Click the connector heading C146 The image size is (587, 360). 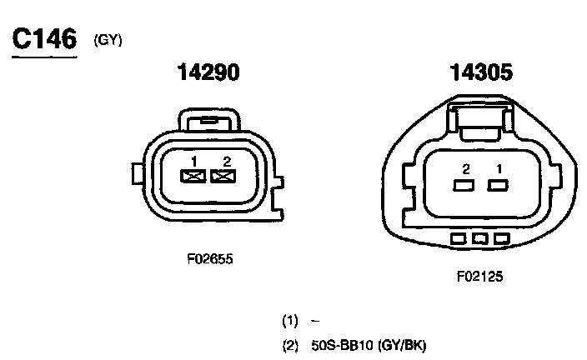click(44, 38)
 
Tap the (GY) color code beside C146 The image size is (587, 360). click(108, 40)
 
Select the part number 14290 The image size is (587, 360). click(208, 72)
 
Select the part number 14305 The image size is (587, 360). click(481, 72)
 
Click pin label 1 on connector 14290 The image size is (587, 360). click(193, 162)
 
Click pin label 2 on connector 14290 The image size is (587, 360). click(227, 162)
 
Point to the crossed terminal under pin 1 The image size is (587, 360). click(193, 177)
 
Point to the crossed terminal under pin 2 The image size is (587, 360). click(223, 177)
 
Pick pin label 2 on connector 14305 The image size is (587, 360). click(466, 169)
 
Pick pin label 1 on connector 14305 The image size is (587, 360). click(499, 169)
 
